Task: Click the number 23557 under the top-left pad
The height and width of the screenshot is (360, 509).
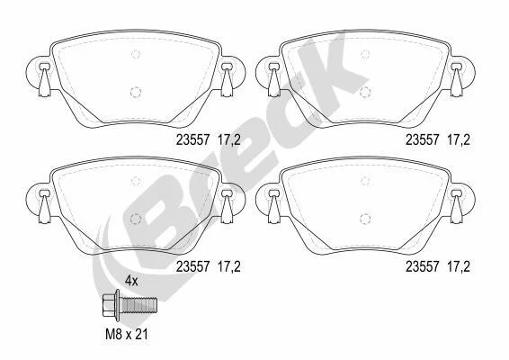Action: [192, 140]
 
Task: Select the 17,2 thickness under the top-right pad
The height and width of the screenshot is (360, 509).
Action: [459, 140]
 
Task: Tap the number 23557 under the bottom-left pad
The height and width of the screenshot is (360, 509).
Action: [192, 266]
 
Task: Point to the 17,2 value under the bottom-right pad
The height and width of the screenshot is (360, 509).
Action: [459, 266]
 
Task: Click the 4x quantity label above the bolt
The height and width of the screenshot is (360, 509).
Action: [131, 281]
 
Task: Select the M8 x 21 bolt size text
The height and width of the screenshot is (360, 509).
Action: [127, 334]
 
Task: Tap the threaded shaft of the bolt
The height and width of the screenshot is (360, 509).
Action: [138, 305]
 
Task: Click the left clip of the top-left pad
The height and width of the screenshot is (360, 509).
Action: [44, 79]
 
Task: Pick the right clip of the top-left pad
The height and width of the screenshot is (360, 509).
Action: [227, 79]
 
